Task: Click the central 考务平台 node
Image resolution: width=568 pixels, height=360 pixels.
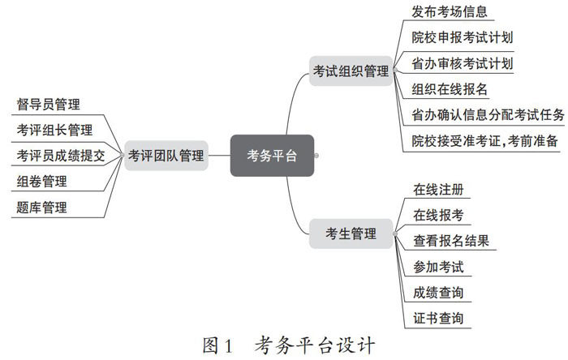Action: point(272,155)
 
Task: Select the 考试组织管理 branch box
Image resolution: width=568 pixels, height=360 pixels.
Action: point(351,71)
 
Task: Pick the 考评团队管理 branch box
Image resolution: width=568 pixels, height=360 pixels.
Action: point(166,155)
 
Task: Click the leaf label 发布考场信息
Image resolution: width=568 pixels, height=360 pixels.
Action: point(450,12)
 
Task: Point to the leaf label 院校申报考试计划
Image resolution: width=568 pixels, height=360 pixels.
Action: point(462,37)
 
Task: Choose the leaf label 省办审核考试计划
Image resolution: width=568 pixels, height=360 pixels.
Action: point(462,63)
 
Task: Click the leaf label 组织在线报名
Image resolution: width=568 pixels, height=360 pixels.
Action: point(450,89)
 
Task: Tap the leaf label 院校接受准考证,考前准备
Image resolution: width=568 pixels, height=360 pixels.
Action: point(484,140)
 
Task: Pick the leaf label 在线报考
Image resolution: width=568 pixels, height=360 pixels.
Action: point(438,215)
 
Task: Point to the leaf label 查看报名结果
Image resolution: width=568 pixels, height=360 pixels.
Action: point(450,241)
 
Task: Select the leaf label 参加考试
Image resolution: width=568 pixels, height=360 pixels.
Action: point(438,266)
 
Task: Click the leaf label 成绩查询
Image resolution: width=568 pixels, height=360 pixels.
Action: point(438,292)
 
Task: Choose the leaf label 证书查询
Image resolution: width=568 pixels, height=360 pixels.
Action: point(438,317)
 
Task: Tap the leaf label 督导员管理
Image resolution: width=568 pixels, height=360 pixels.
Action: point(48,104)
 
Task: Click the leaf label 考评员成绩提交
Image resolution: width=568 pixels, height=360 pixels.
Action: point(60,155)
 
